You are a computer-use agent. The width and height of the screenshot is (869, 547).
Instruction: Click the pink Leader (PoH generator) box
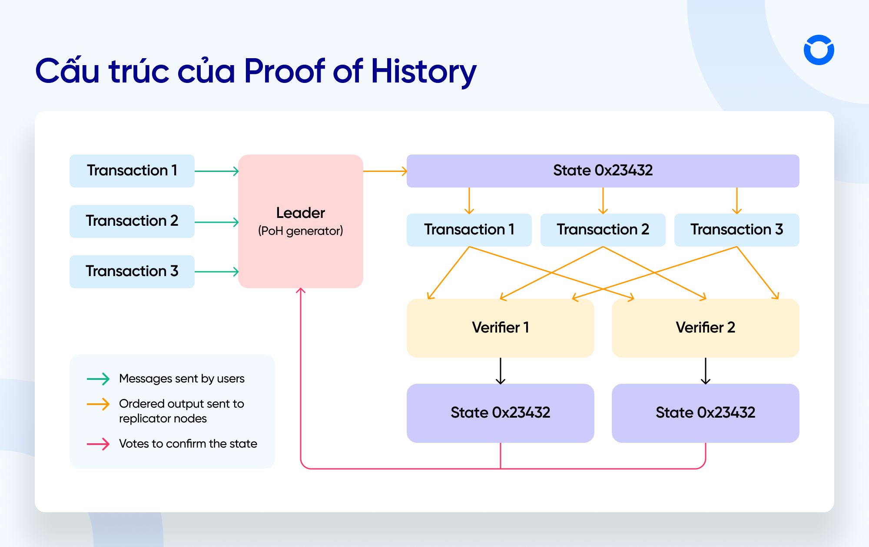(x=300, y=221)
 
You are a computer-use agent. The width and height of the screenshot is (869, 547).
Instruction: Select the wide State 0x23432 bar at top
(x=603, y=171)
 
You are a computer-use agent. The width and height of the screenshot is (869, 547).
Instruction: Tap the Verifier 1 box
(x=500, y=328)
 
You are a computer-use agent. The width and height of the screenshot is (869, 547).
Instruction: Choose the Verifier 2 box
(x=705, y=328)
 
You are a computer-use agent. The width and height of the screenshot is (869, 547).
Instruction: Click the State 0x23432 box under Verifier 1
(x=500, y=413)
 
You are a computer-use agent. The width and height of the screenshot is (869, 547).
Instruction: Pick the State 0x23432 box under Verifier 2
(x=705, y=413)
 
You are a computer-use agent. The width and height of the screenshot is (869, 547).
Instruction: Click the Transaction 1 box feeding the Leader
(x=132, y=171)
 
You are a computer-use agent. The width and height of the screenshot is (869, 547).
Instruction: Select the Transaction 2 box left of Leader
(x=132, y=221)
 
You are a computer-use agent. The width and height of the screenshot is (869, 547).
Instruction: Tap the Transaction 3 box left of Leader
(x=132, y=271)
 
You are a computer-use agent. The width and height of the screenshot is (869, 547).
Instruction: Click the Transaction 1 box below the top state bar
(x=469, y=230)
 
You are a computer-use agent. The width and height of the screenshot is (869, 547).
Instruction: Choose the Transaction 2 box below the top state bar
(x=603, y=230)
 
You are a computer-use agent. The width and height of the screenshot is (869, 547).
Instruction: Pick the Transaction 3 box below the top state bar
(x=736, y=230)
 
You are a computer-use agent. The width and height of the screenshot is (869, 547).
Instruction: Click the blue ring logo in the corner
(x=819, y=50)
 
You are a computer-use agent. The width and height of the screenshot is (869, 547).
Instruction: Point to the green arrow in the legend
(x=98, y=379)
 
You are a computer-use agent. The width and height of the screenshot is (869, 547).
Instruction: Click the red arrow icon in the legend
(x=98, y=444)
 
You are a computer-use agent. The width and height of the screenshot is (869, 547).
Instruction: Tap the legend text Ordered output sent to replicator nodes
(x=181, y=411)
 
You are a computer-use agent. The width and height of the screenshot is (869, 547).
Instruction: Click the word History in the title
(x=423, y=71)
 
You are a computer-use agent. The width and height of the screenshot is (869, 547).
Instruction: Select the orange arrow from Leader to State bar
(x=385, y=171)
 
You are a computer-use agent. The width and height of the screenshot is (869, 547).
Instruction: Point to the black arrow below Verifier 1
(x=501, y=371)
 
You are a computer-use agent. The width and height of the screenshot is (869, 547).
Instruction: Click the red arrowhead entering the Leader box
(x=301, y=290)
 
